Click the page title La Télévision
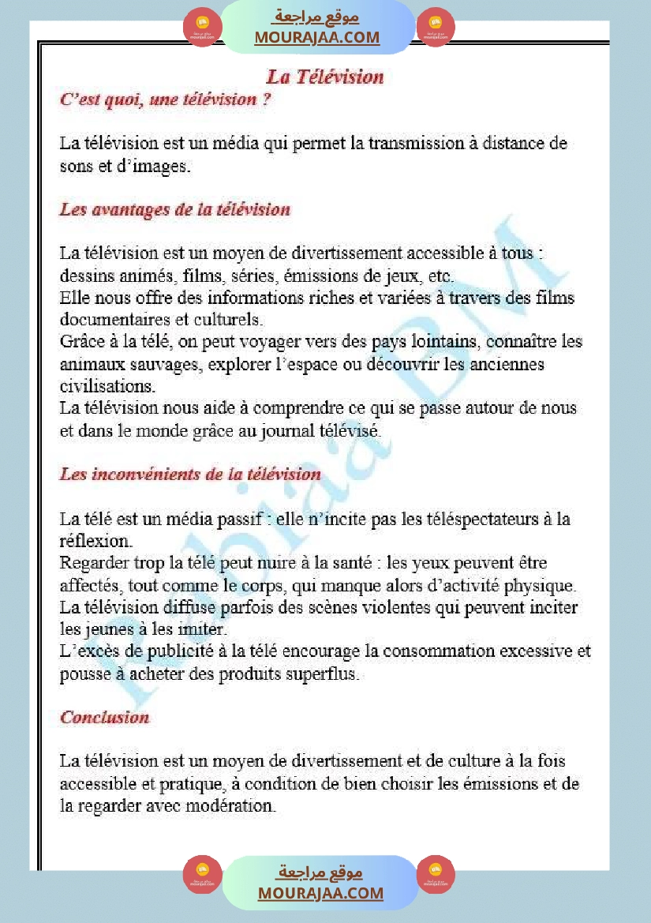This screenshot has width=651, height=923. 325,77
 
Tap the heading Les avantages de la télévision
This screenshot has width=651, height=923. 175,210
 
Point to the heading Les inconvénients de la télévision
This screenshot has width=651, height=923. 190,475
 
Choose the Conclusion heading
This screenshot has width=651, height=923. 105,718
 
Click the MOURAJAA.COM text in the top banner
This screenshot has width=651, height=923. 316,37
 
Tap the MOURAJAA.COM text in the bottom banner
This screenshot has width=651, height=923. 320,893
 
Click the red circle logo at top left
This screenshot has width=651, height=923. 201,28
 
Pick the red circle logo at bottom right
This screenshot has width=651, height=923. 436,874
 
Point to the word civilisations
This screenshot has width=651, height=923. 108,387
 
